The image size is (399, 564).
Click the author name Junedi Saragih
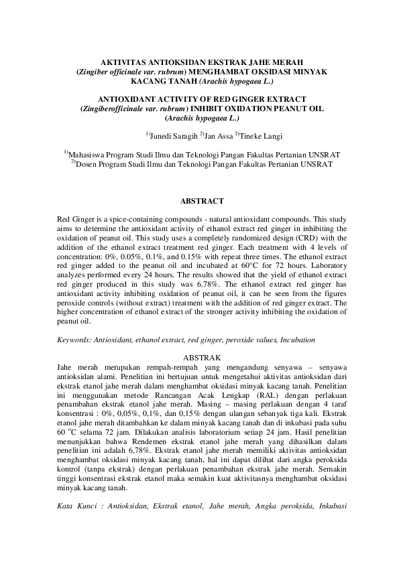point(173,135)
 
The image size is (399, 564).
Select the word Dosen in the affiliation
point(91,163)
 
